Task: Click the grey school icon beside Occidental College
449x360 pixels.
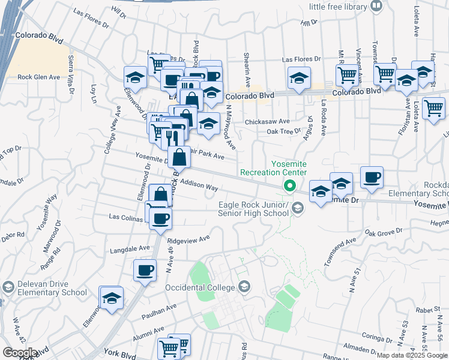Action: point(243,287)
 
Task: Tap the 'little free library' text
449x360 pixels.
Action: point(337,7)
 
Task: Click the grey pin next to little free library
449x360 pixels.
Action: point(376,7)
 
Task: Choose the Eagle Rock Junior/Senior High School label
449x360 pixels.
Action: point(255,209)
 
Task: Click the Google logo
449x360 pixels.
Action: point(20,352)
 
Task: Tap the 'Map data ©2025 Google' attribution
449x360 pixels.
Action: point(412,355)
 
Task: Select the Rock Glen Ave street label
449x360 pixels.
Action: point(38,77)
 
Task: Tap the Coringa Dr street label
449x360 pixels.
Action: point(376,338)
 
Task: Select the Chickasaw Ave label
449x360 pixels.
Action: point(267,121)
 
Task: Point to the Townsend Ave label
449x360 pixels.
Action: point(338,252)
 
